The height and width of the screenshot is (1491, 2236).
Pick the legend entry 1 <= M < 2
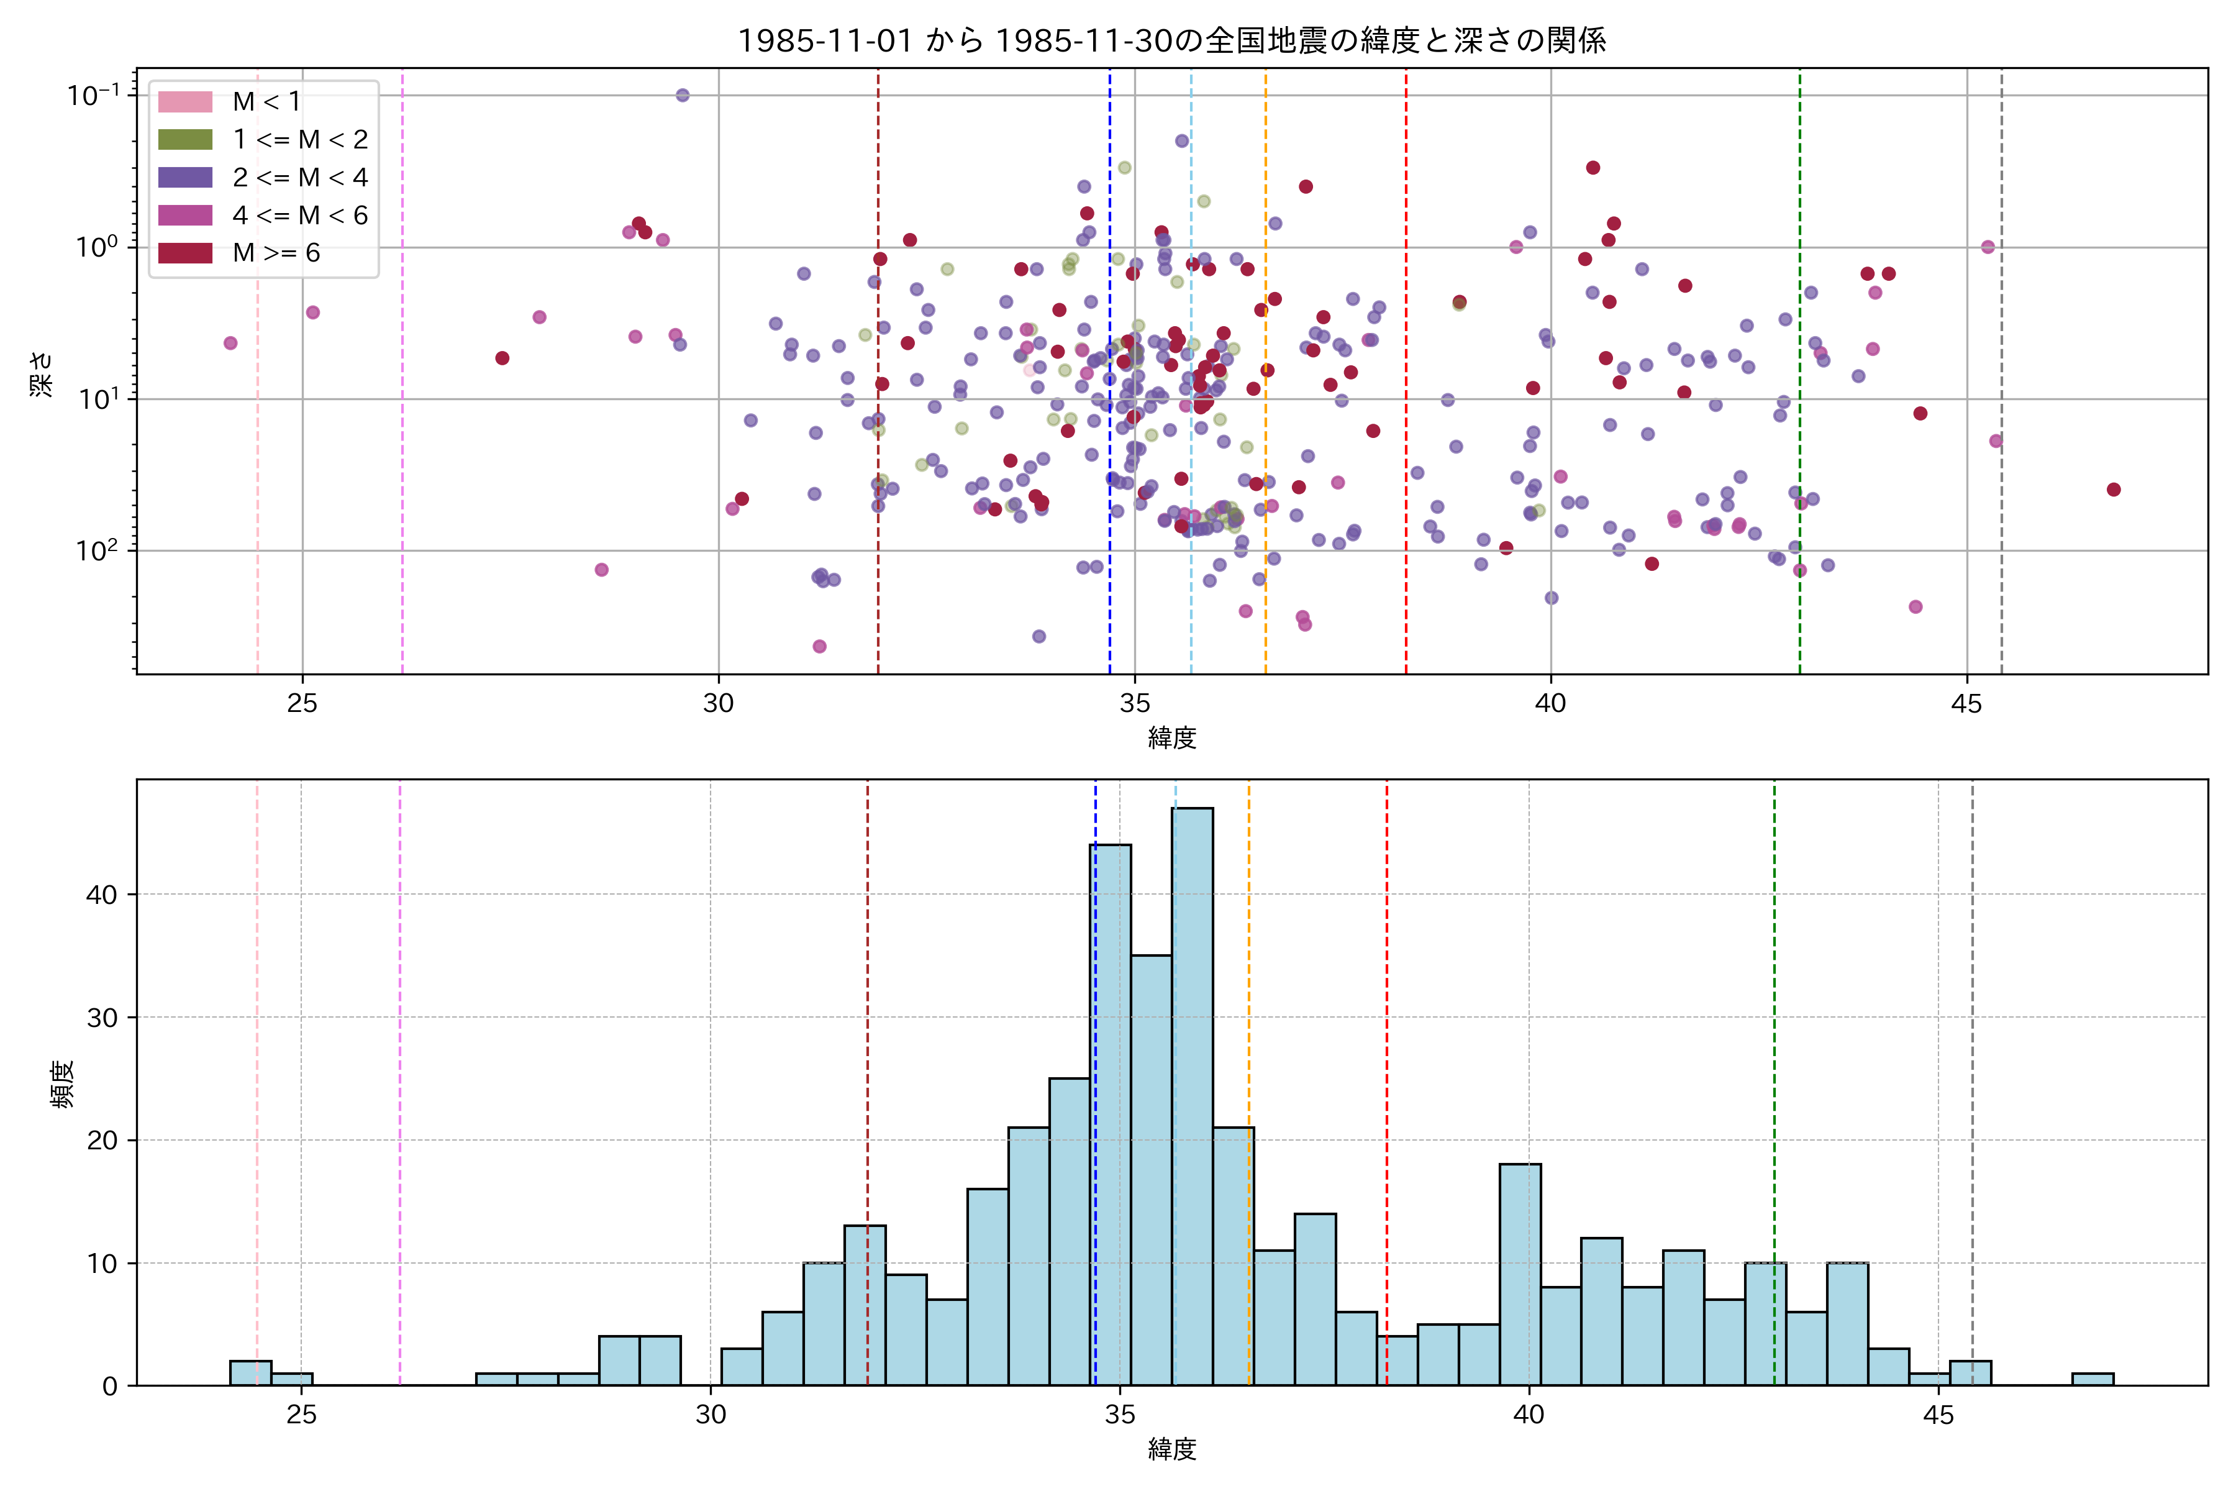(299, 140)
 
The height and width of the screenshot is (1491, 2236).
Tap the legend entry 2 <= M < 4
(299, 178)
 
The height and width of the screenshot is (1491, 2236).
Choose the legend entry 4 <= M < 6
(299, 216)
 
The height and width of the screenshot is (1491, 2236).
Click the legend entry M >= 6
(276, 253)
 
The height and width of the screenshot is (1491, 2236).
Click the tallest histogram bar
(1192, 1093)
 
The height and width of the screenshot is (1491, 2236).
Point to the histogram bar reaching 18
(1520, 1274)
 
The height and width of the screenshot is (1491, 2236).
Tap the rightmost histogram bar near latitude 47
(2093, 1379)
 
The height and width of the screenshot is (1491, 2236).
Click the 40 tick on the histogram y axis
(102, 895)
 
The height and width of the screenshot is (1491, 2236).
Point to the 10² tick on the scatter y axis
(97, 550)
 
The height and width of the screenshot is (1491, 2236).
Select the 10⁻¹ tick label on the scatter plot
(93, 95)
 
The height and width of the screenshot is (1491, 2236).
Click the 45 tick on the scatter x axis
(1967, 704)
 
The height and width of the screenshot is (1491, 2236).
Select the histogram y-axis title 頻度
(61, 1084)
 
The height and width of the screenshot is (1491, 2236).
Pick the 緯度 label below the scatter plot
(1171, 737)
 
